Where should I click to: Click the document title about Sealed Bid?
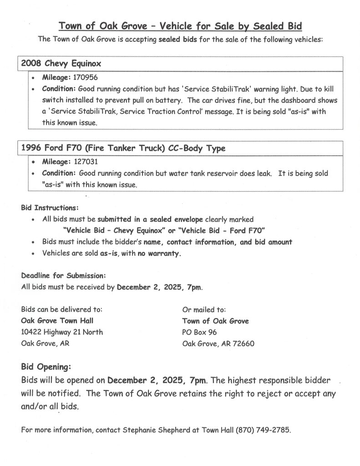pyautogui.click(x=180, y=25)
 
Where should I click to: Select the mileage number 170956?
pyautogui.click(x=84, y=77)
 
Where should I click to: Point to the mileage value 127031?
pyautogui.click(x=84, y=162)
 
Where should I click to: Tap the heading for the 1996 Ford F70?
pyautogui.click(x=123, y=148)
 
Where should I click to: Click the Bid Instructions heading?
pyautogui.click(x=50, y=208)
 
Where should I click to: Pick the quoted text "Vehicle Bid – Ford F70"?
pyautogui.click(x=223, y=230)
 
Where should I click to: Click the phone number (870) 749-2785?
pyautogui.click(x=263, y=430)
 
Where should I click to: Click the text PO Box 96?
pyautogui.click(x=199, y=332)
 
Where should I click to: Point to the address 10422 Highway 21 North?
pyautogui.click(x=62, y=332)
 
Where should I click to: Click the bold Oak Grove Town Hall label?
pyautogui.click(x=57, y=321)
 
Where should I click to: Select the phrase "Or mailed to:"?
pyautogui.click(x=201, y=309)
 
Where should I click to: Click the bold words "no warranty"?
pyautogui.click(x=159, y=253)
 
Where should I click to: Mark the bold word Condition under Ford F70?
pyautogui.click(x=59, y=173)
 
